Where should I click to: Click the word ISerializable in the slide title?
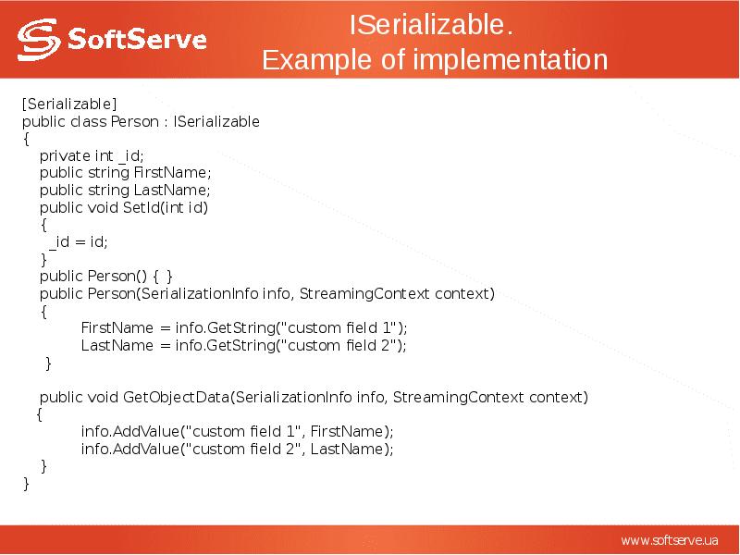tap(431, 25)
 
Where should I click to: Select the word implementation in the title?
tap(510, 60)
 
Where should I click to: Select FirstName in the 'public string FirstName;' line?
tap(172, 172)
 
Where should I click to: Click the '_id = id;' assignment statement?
tap(80, 241)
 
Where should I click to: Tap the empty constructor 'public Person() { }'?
tap(105, 276)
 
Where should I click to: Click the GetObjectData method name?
tap(175, 397)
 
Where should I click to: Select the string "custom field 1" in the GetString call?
tap(340, 327)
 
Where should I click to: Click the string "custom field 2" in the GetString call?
tap(340, 345)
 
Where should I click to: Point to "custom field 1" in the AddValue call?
tap(242, 431)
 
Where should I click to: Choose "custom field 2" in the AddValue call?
tap(242, 449)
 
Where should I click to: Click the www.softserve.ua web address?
tap(669, 539)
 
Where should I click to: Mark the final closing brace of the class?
tap(26, 483)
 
